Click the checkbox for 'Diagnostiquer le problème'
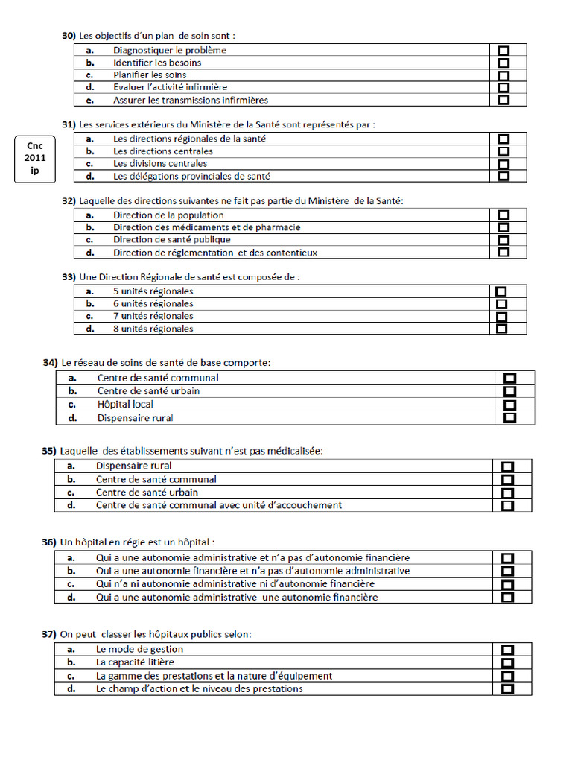point(503,51)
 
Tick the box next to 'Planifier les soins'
point(503,75)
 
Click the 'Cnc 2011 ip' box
point(35,159)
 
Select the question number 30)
point(69,35)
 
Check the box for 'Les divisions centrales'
point(503,164)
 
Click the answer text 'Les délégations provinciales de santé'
point(191,177)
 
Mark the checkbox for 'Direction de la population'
point(503,215)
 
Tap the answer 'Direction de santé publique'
point(171,240)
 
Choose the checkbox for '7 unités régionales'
point(501,317)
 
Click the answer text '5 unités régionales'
point(153,291)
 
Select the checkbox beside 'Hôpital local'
point(510,405)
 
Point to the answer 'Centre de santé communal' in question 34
point(158,378)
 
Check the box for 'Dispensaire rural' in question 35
point(508,466)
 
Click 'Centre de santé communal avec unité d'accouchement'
point(219,505)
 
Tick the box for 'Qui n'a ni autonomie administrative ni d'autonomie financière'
point(508,584)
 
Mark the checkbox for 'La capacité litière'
point(508,663)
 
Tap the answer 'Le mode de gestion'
point(139,650)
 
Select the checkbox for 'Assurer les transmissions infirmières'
point(503,100)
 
